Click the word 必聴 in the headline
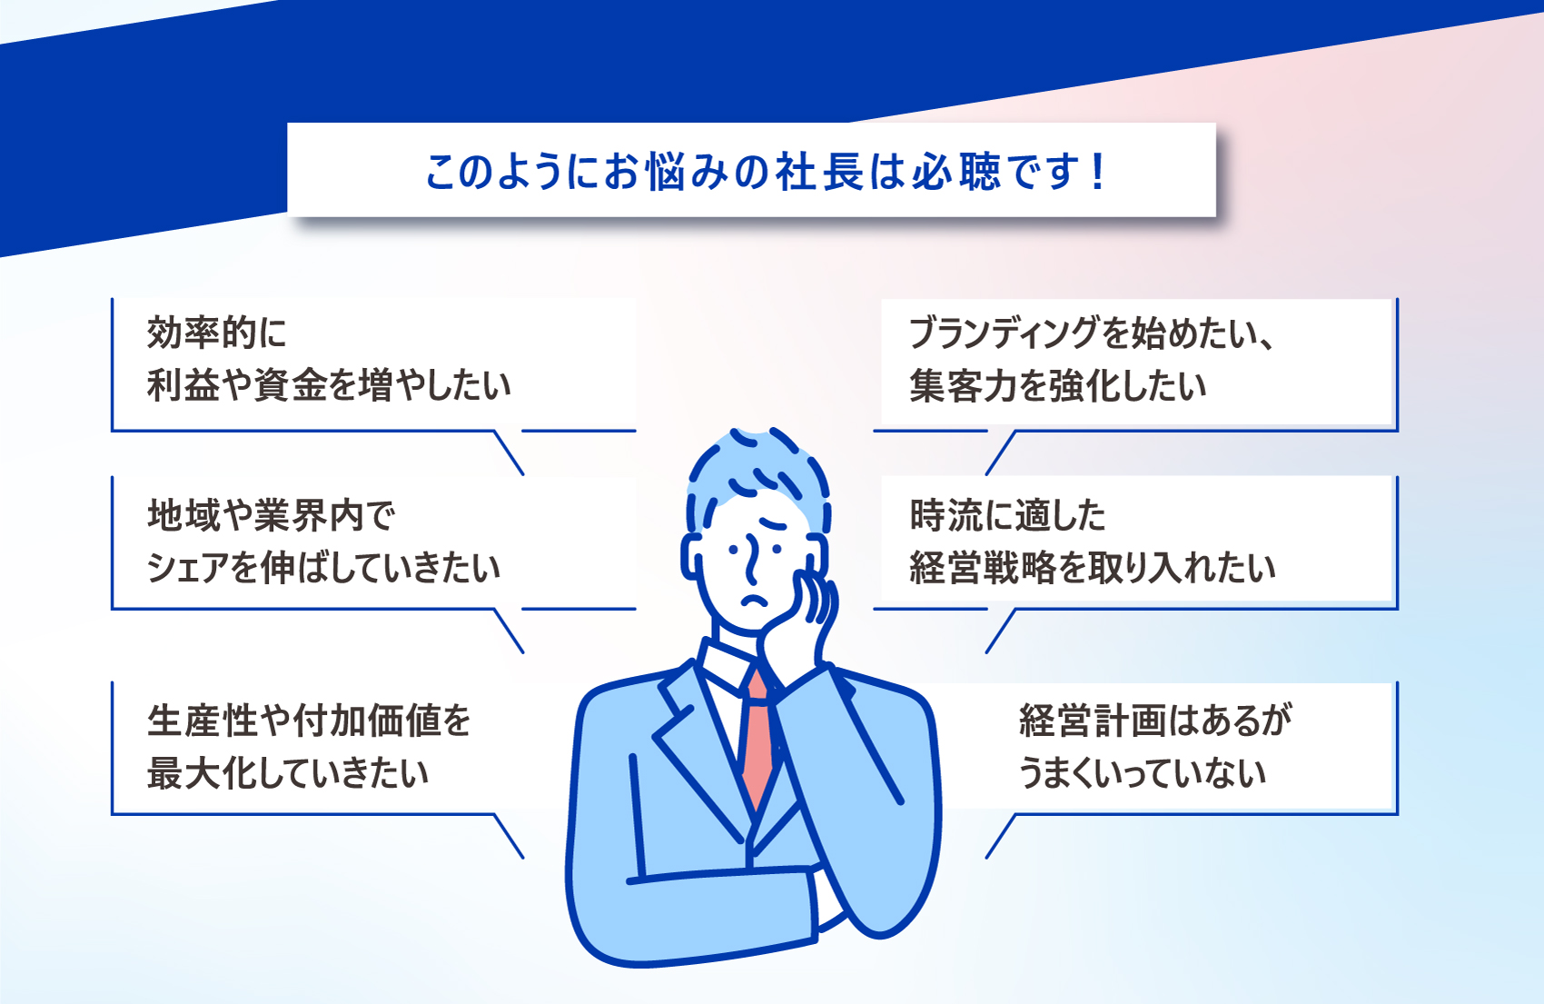point(956,172)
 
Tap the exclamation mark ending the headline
point(1099,172)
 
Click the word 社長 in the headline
point(819,172)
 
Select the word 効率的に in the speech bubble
point(216,333)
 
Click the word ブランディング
point(1004,333)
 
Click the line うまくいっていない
point(1143,773)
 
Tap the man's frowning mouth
point(755,599)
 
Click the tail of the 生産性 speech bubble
point(509,836)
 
